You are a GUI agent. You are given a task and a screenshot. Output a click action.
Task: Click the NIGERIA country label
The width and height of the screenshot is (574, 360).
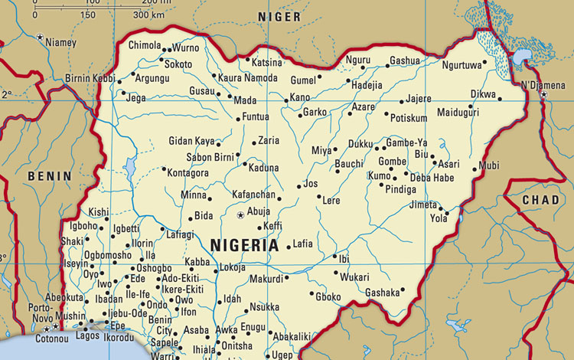243,245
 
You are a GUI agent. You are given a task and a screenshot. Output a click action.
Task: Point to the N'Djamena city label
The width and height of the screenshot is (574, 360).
546,83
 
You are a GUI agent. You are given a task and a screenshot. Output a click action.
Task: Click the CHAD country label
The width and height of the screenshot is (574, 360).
540,200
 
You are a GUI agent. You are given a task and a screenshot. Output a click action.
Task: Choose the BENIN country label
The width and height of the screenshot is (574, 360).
49,176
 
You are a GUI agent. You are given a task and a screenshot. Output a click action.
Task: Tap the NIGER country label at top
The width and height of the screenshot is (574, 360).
279,17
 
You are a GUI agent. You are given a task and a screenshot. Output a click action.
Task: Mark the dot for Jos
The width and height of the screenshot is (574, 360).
298,185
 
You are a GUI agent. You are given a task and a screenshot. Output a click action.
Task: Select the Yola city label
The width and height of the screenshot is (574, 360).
439,218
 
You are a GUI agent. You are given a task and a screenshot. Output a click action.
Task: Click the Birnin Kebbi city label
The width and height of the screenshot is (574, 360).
89,79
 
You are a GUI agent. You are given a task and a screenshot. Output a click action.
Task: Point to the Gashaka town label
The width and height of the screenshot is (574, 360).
383,292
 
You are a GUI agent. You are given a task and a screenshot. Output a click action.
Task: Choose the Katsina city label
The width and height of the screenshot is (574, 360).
267,62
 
